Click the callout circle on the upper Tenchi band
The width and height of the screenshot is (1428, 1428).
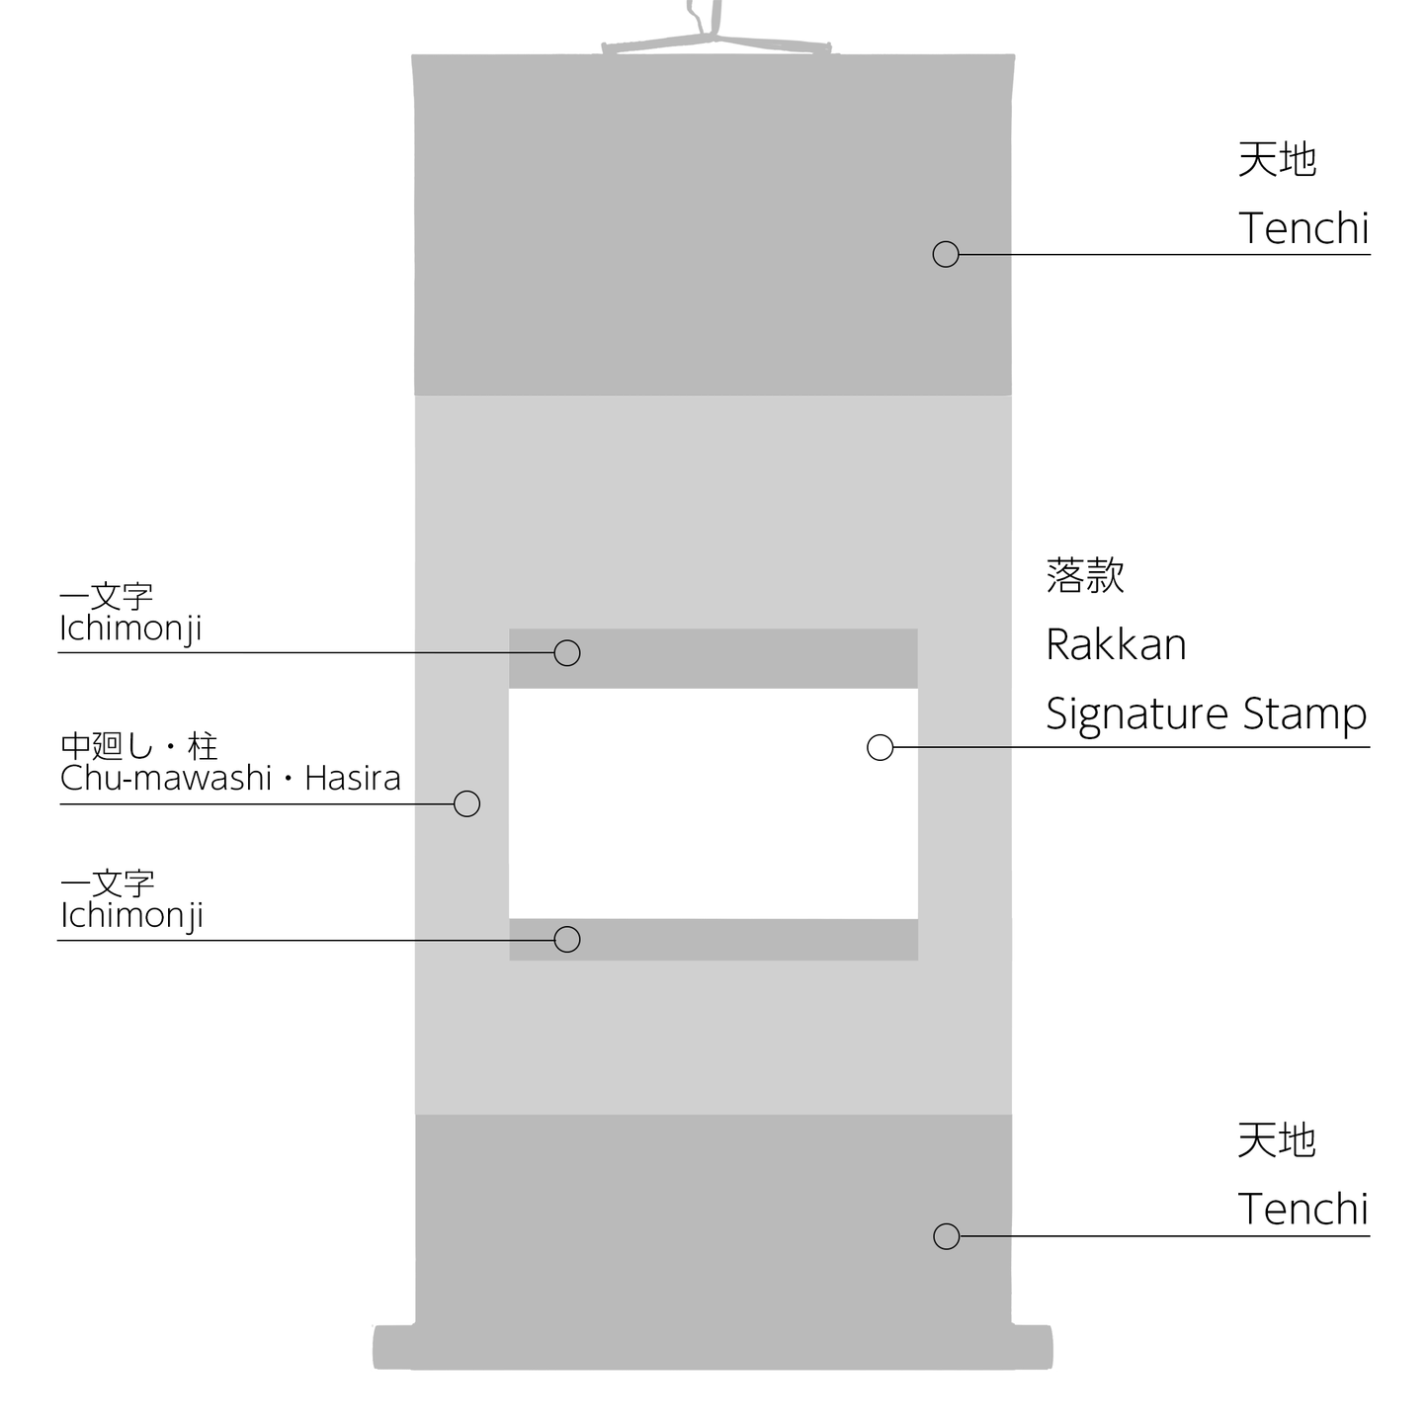pos(946,254)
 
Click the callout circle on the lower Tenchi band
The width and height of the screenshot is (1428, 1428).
pos(947,1236)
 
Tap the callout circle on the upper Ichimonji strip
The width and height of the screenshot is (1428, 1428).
pos(567,653)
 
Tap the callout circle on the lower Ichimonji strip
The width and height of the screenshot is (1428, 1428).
pos(567,939)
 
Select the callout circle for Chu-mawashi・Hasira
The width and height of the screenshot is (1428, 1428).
pos(466,803)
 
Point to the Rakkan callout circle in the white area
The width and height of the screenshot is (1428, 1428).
pos(880,747)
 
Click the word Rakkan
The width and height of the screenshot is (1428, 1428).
pos(1116,644)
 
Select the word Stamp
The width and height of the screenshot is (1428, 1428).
pos(1305,715)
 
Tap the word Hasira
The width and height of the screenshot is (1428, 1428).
pos(353,778)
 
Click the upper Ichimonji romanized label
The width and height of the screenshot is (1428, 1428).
pos(130,630)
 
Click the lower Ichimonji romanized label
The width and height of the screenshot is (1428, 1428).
pos(131,916)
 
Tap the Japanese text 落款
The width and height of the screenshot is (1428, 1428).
pos(1085,575)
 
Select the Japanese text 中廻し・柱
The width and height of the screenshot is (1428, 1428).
pos(138,746)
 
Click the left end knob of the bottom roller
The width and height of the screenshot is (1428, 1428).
pos(393,1347)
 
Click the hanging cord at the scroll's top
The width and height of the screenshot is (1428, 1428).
pos(715,30)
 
